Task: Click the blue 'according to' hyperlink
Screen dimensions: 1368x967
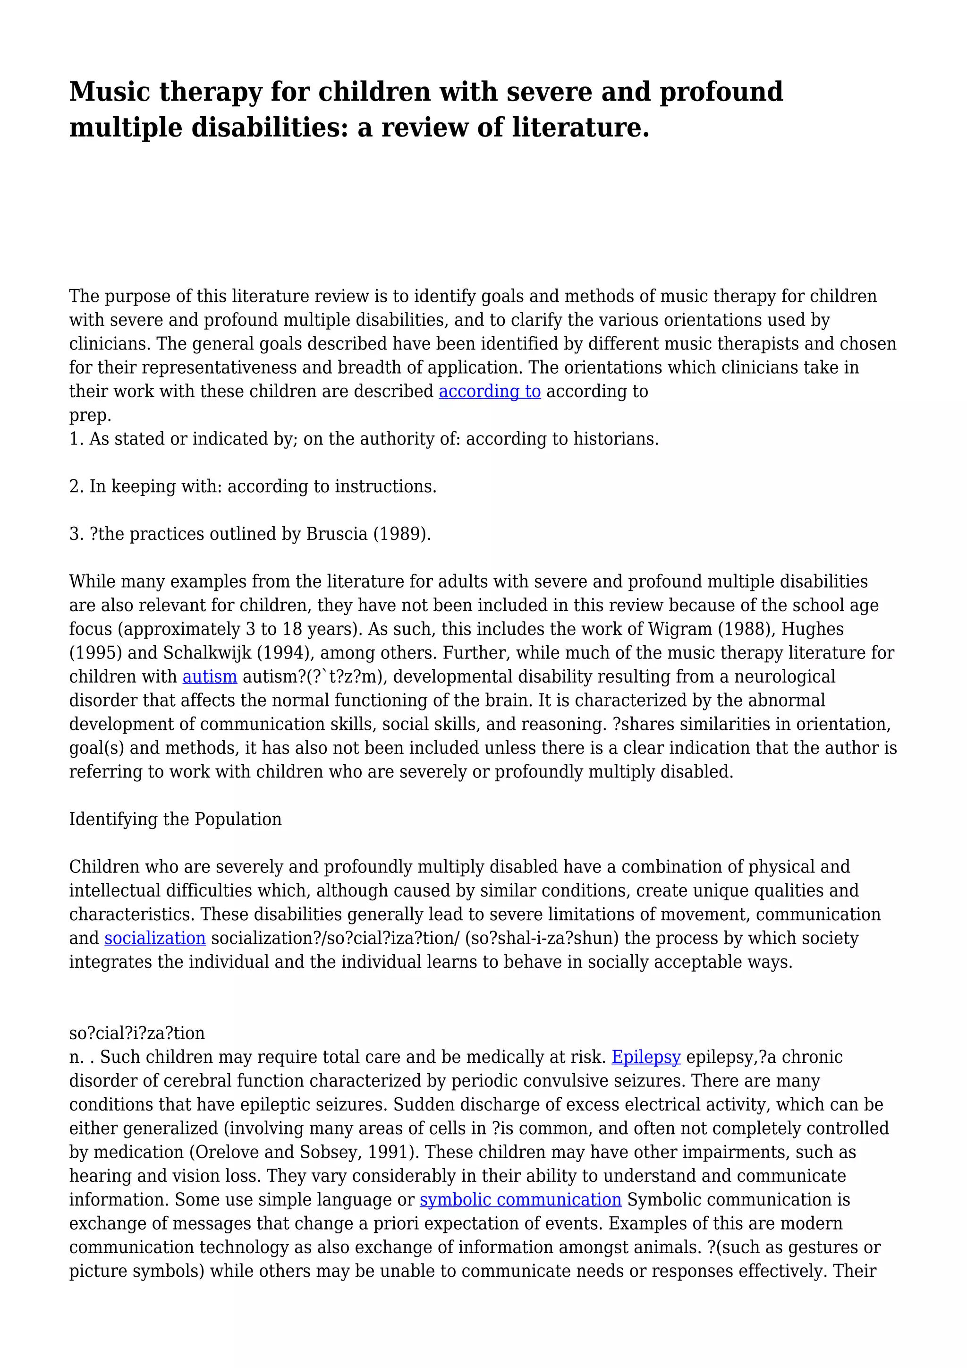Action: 490,392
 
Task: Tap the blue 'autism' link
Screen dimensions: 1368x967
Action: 210,677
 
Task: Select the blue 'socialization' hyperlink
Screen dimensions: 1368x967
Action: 155,939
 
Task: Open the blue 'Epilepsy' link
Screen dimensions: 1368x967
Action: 646,1057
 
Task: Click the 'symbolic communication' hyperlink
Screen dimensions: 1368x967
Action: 520,1199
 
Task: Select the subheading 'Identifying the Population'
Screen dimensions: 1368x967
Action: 175,819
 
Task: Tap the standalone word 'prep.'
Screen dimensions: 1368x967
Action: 91,416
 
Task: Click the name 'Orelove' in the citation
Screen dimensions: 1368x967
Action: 129,1152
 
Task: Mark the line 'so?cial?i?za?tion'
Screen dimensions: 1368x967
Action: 137,1033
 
